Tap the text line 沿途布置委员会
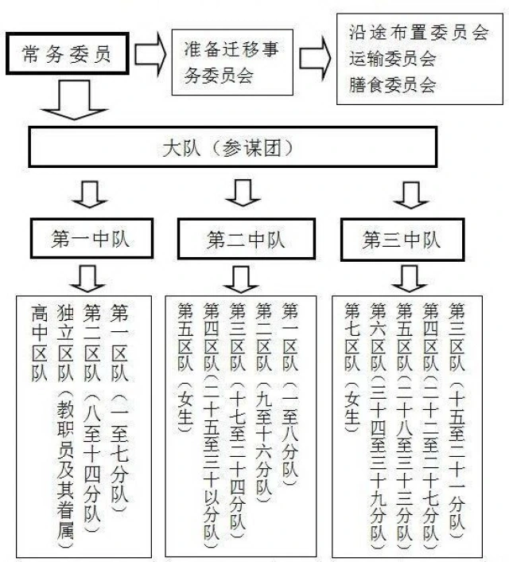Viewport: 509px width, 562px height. pyautogui.click(x=419, y=33)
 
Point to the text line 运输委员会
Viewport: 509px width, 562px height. pyautogui.click(x=393, y=58)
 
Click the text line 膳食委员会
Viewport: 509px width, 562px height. pyautogui.click(x=393, y=85)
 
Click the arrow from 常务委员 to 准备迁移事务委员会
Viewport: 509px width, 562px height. pyautogui.click(x=150, y=53)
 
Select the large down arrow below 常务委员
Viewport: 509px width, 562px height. pyautogui.click(x=74, y=100)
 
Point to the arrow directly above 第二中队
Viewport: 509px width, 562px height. pyautogui.click(x=243, y=193)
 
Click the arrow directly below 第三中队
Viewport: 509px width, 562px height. pyautogui.click(x=409, y=279)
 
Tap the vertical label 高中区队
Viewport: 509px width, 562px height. pyautogui.click(x=39, y=343)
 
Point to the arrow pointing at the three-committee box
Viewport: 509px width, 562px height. pyautogui.click(x=315, y=58)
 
